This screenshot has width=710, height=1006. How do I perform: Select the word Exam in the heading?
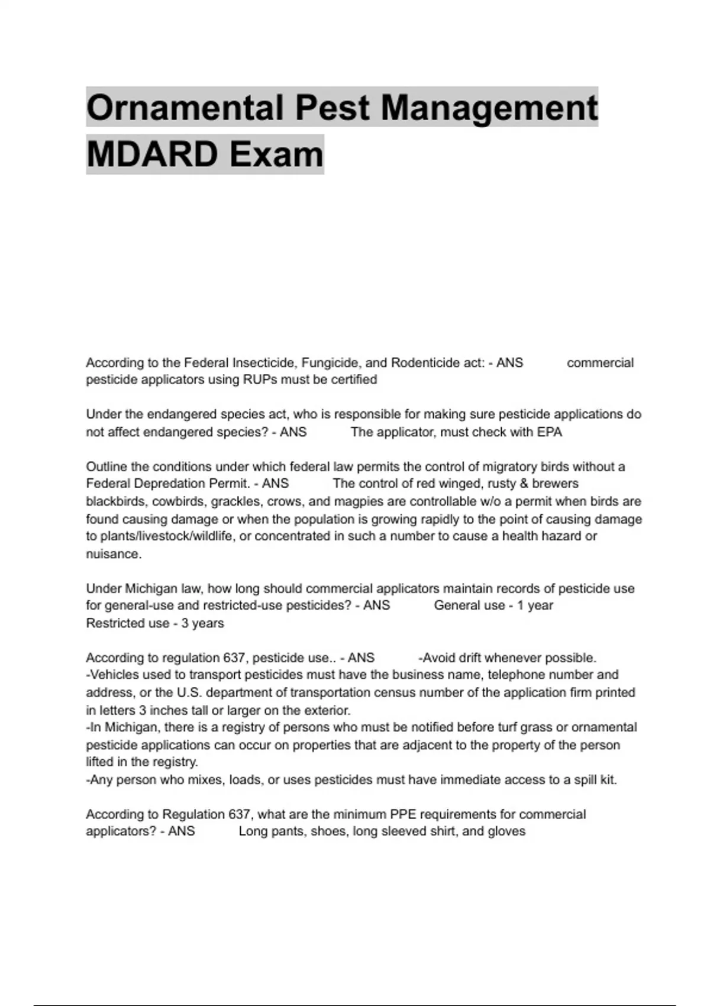(x=276, y=154)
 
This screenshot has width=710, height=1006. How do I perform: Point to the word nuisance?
(x=113, y=554)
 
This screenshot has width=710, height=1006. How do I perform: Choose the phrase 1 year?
(x=535, y=605)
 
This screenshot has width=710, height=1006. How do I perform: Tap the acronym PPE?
(x=403, y=814)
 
